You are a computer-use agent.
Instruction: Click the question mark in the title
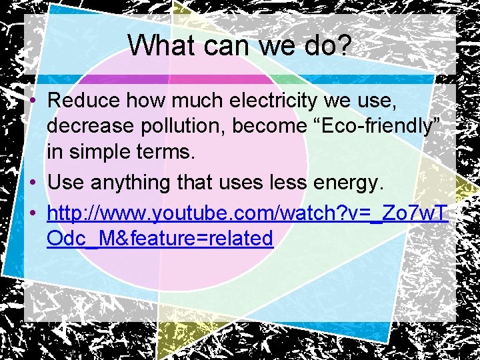[x=345, y=45]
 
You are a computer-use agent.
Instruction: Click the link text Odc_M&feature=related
[x=160, y=238]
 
